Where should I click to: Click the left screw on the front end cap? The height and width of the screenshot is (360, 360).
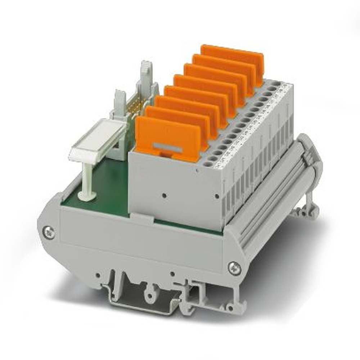[49, 232]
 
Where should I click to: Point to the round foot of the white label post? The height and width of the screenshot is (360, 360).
[87, 196]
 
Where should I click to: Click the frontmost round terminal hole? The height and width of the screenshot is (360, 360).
[207, 163]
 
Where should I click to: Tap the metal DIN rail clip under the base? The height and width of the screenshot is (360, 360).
[144, 297]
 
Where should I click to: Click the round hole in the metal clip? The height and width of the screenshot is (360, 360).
[147, 288]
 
